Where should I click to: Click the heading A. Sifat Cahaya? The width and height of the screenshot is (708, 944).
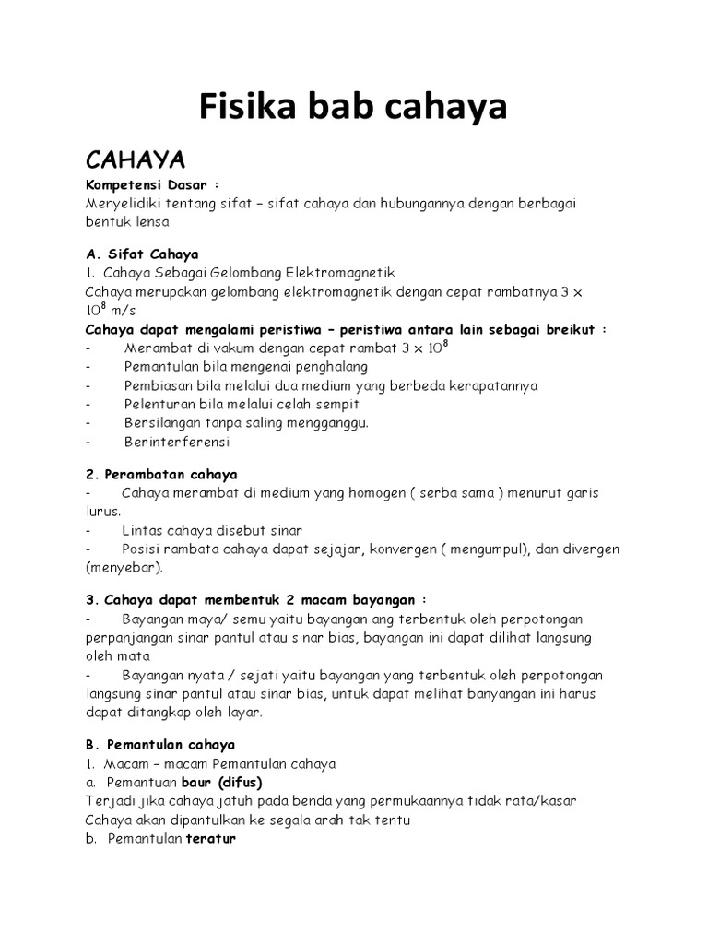(x=142, y=254)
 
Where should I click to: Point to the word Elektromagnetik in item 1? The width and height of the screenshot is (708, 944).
(x=341, y=273)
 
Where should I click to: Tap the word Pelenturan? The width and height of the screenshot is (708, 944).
(x=159, y=404)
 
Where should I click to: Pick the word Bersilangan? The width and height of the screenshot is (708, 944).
(x=162, y=422)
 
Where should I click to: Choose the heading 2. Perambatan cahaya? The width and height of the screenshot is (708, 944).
(x=161, y=474)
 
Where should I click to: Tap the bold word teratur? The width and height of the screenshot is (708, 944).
(x=211, y=839)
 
